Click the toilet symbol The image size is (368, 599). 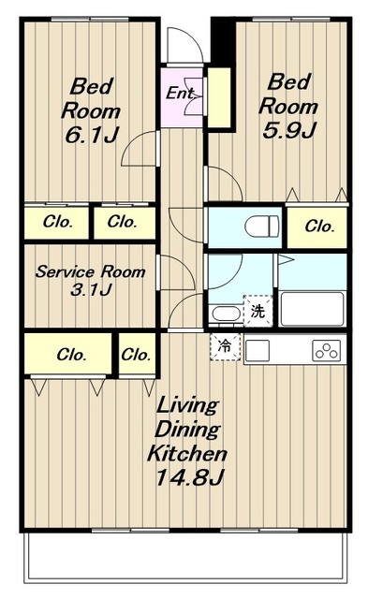262,226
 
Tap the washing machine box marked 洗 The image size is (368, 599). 258,312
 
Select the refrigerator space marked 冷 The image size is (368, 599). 225,346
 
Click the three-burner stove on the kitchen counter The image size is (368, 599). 326,350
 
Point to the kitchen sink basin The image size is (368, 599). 258,350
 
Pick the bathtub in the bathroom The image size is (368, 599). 312,309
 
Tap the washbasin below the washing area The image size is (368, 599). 227,314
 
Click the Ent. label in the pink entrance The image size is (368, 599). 179,93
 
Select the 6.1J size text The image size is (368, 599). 92,135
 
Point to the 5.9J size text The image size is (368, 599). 289,131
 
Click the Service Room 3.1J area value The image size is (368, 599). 91,290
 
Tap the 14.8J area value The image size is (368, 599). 189,476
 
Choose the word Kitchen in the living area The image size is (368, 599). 187,453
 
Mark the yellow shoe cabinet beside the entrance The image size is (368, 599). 219,97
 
